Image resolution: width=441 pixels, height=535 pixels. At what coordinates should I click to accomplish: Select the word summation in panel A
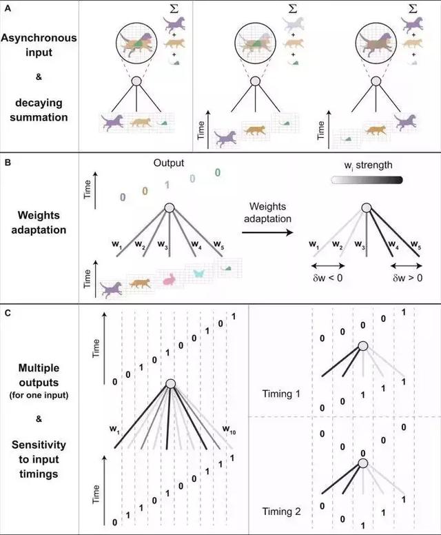click(39, 118)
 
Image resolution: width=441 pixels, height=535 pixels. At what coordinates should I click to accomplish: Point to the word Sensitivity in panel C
click(39, 448)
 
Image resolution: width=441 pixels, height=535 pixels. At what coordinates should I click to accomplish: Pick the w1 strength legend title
click(365, 166)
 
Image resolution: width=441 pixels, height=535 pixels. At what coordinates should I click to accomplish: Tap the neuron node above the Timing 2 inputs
click(362, 463)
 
